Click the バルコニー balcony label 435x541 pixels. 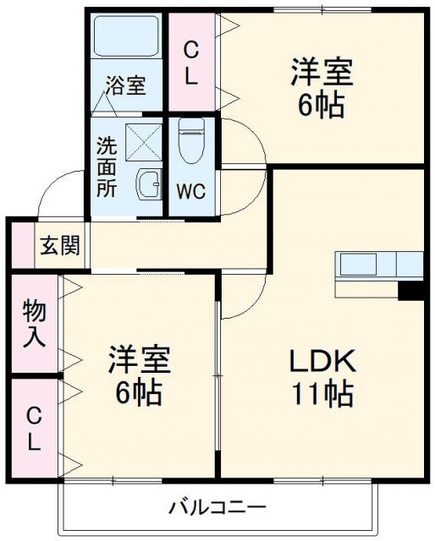tap(217, 507)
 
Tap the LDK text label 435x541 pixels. tap(322, 361)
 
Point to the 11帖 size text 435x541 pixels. tap(322, 393)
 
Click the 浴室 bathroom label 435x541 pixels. tap(126, 86)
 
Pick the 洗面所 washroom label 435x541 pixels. tap(106, 167)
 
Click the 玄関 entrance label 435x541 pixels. tap(59, 247)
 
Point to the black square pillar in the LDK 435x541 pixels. tap(410, 290)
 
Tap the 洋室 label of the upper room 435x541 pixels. tap(322, 71)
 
